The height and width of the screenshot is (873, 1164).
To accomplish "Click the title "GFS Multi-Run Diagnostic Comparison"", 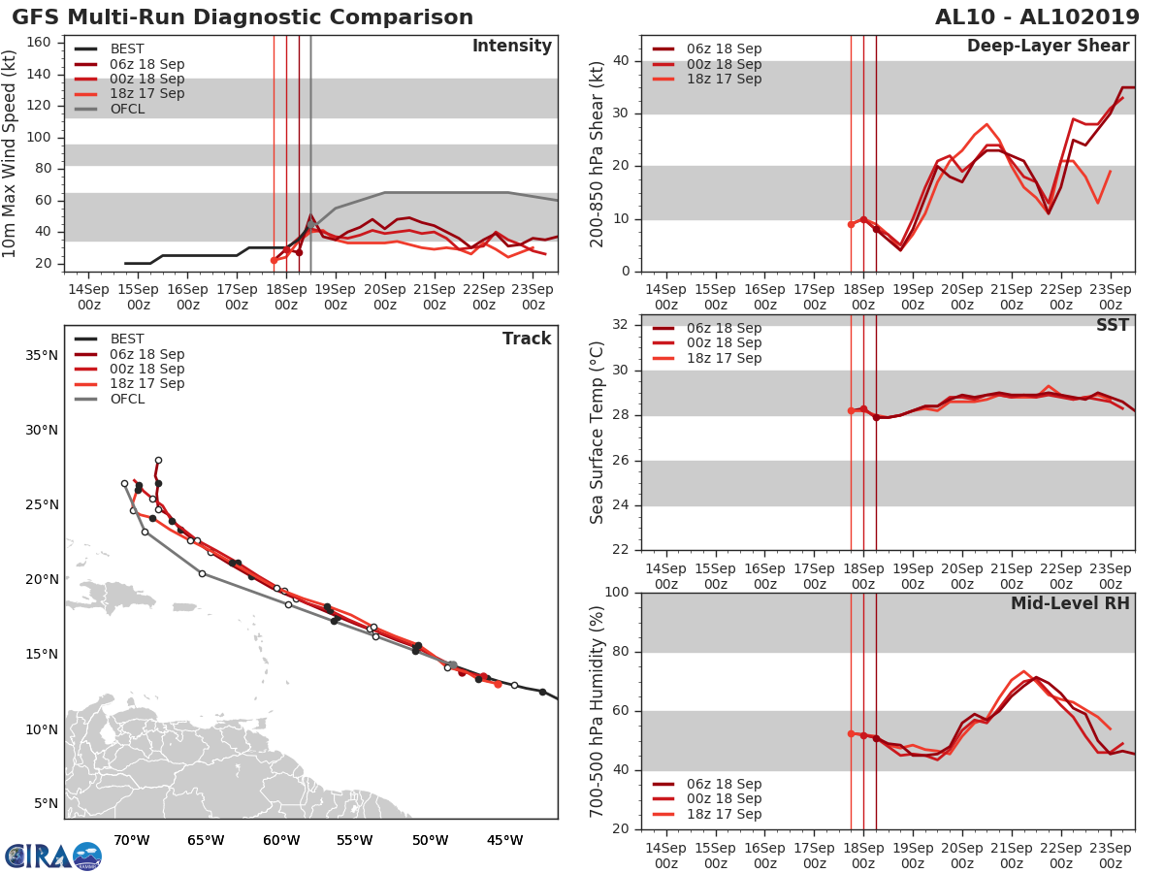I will point(242,17).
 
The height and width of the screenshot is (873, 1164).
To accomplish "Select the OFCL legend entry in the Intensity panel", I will point(127,109).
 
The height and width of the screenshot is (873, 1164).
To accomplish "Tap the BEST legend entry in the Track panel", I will point(127,339).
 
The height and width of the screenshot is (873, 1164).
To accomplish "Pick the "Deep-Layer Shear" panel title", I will point(1048,47).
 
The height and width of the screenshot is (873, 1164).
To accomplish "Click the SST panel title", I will point(1112,325).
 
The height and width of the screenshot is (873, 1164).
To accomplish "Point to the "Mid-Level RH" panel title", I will point(1070,603).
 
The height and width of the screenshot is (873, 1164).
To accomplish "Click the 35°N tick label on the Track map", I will point(41,355).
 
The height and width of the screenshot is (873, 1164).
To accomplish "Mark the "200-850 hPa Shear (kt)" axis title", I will point(598,153).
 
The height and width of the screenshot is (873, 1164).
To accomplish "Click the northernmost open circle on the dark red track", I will point(158,461).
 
